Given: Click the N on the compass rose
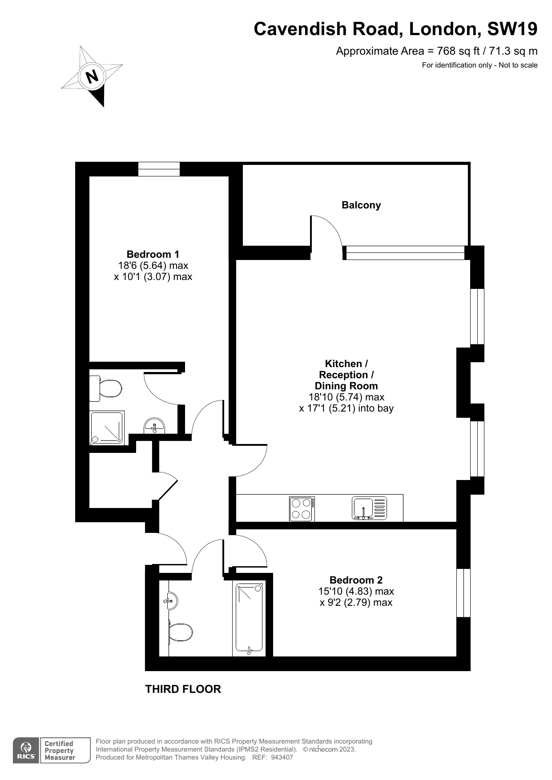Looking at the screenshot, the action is (x=92, y=76).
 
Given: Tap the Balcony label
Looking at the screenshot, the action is (x=361, y=205).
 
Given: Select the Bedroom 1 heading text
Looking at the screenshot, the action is (x=153, y=254).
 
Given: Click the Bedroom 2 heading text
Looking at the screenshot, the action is (x=356, y=580).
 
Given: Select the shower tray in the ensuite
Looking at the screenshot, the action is (x=107, y=428).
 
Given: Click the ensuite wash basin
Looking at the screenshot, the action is (x=154, y=425).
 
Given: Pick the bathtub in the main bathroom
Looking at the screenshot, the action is (x=250, y=619).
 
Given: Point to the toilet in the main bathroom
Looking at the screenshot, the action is (x=181, y=632).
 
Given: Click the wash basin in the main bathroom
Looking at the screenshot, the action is (x=171, y=601).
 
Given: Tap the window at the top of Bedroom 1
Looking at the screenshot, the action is (x=159, y=169).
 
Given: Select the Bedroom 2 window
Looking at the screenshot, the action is (x=463, y=593).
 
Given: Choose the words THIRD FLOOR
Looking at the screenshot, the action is (x=183, y=689).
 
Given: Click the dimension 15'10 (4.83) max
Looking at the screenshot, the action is (x=356, y=592).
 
